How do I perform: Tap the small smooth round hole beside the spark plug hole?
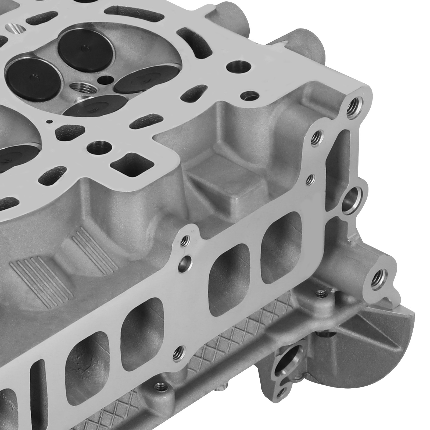[105, 80]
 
